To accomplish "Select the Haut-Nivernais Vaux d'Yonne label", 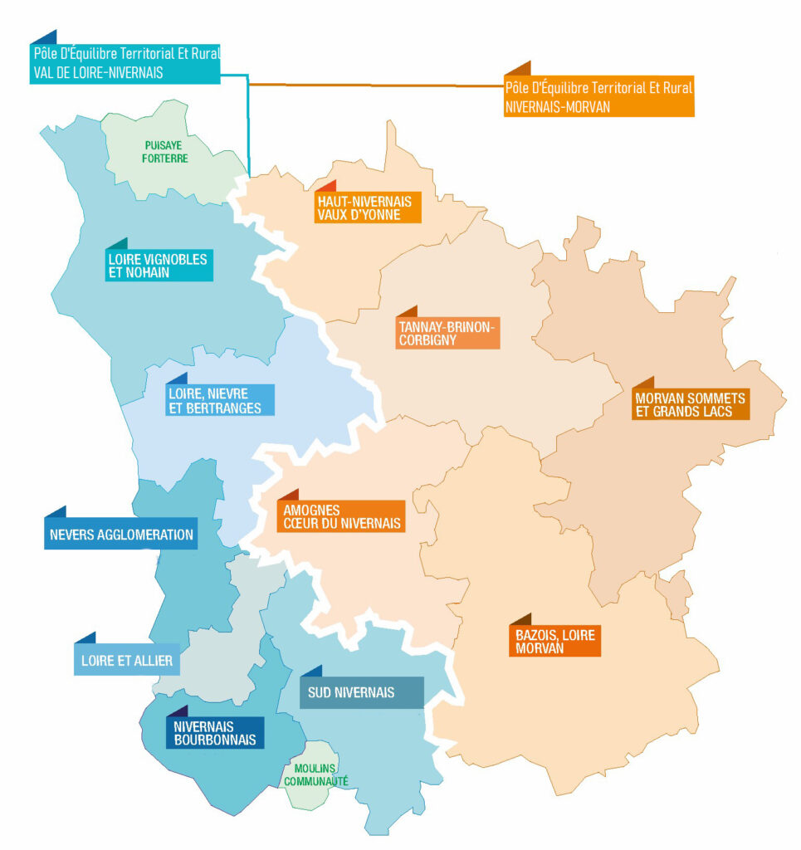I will click(367, 208).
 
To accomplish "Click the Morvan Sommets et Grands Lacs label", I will click(691, 404).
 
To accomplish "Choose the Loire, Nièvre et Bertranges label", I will click(219, 401).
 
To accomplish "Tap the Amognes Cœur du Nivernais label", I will click(341, 516).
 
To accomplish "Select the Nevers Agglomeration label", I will click(121, 535).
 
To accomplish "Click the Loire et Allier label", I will click(127, 661).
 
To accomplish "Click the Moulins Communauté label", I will click(315, 774).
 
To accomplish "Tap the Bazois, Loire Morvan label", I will click(552, 641).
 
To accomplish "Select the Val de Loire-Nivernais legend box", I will click(125, 63).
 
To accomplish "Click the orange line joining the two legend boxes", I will click(374, 85).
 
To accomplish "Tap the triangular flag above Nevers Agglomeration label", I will click(56, 512).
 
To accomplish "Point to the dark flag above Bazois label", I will click(520, 620).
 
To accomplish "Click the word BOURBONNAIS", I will click(215, 740).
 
